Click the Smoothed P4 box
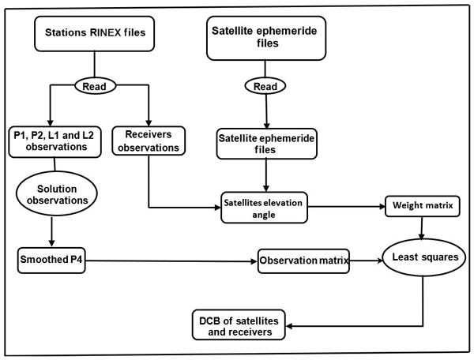coord(51,258)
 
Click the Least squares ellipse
coord(420,257)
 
